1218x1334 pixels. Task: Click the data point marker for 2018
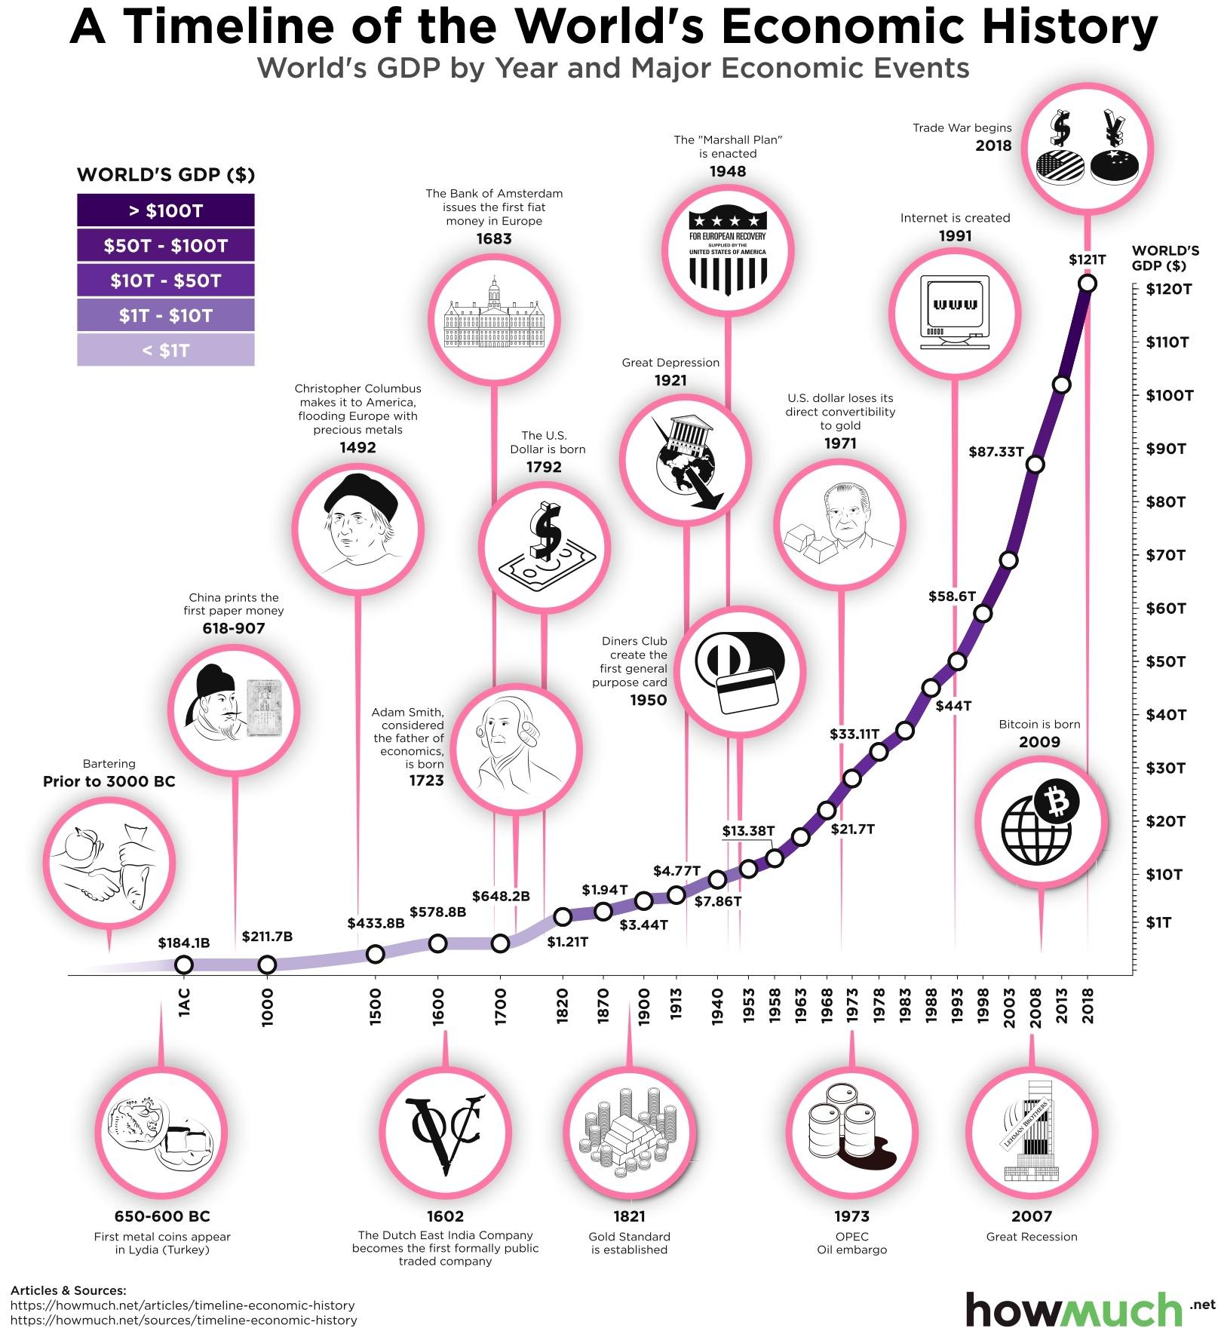(x=1087, y=284)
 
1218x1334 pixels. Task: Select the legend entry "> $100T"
(x=165, y=210)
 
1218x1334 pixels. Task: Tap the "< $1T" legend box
(x=165, y=351)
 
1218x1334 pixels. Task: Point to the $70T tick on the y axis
(x=1166, y=556)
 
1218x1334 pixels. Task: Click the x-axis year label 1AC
(x=184, y=1004)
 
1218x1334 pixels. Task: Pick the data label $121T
(x=1087, y=259)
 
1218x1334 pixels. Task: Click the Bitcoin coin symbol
(x=1057, y=802)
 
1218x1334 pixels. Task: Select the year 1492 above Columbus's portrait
(x=357, y=447)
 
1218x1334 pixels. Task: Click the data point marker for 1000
(x=267, y=964)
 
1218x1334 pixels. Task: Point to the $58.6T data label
(x=952, y=596)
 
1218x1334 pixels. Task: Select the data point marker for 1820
(x=562, y=917)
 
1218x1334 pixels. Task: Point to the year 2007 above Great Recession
(x=1031, y=1216)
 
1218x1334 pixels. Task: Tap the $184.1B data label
(x=183, y=943)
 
